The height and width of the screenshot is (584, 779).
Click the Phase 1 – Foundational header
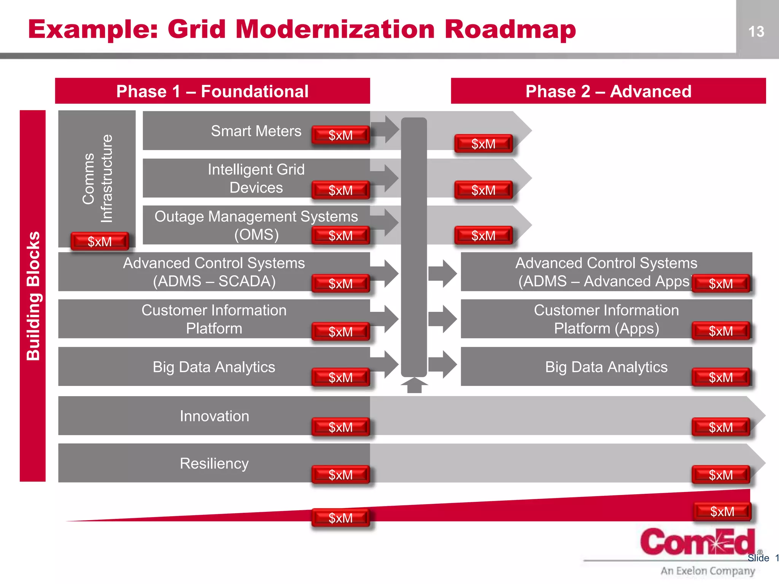coord(212,91)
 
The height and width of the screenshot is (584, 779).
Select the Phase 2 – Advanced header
coord(608,91)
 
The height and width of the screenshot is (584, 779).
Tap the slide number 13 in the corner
coord(756,32)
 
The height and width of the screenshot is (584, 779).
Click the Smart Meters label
coord(256,131)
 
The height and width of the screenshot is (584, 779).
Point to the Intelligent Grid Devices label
coord(256,178)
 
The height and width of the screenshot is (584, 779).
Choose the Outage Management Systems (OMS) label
coord(256,225)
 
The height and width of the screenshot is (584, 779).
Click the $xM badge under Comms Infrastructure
coord(100,241)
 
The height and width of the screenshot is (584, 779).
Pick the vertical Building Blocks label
coord(33,295)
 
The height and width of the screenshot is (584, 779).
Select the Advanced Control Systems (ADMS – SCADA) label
coord(214,272)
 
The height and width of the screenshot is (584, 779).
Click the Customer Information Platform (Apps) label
coord(606,319)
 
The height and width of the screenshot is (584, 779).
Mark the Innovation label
coord(215,416)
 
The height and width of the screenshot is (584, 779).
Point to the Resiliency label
coord(214,463)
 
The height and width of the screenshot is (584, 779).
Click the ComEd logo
coord(697,541)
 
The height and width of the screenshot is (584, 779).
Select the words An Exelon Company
coord(707,571)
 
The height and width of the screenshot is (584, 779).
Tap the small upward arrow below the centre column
coord(414,385)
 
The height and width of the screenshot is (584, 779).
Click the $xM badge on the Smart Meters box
coord(340,135)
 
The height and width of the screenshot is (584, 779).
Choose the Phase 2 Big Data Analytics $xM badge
coord(720,377)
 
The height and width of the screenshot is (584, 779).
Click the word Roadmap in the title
coord(510,30)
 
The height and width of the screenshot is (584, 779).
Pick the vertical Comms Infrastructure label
coord(98,178)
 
